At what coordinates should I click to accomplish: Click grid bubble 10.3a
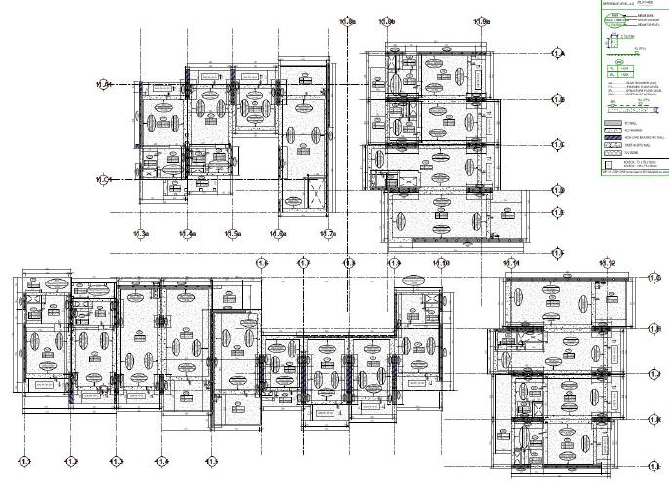tap(143, 234)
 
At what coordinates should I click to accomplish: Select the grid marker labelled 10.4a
tap(188, 234)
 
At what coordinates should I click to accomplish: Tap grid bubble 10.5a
tap(234, 234)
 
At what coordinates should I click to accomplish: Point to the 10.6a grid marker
tap(280, 234)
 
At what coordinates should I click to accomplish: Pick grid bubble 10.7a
tap(329, 234)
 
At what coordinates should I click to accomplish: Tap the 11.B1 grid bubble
tap(103, 86)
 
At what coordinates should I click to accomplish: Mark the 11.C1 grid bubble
tap(103, 179)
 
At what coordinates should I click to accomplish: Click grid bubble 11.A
tap(558, 54)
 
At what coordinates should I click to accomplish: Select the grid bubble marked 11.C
tap(558, 145)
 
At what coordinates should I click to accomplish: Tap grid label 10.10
tap(441, 263)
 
